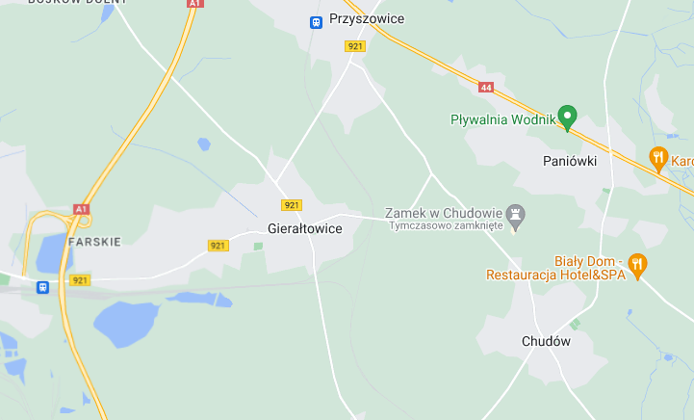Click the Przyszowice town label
coord(366,19)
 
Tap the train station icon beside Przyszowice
coord(315,20)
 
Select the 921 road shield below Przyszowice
coord(355,46)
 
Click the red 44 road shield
coord(486,88)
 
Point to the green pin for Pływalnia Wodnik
coord(567,118)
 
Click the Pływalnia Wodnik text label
coord(503,120)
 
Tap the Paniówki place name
coord(570,161)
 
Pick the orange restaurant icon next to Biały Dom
coord(636,263)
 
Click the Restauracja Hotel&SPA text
coord(555,275)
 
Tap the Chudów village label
coord(546,341)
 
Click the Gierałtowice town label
coord(305,229)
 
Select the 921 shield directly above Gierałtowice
coord(292,205)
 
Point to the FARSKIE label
coord(94,241)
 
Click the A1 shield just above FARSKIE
coord(81,208)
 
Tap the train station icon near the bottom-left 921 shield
coord(42,287)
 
